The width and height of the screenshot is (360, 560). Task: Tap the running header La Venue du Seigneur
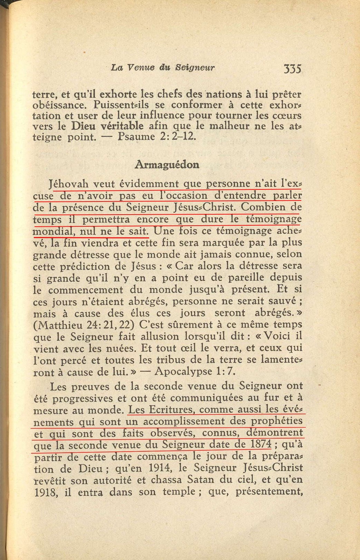tap(163, 68)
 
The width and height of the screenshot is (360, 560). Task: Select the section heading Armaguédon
tap(167, 165)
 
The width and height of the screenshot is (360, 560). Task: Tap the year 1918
tap(46, 492)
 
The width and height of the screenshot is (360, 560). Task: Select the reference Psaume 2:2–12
tap(157, 137)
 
